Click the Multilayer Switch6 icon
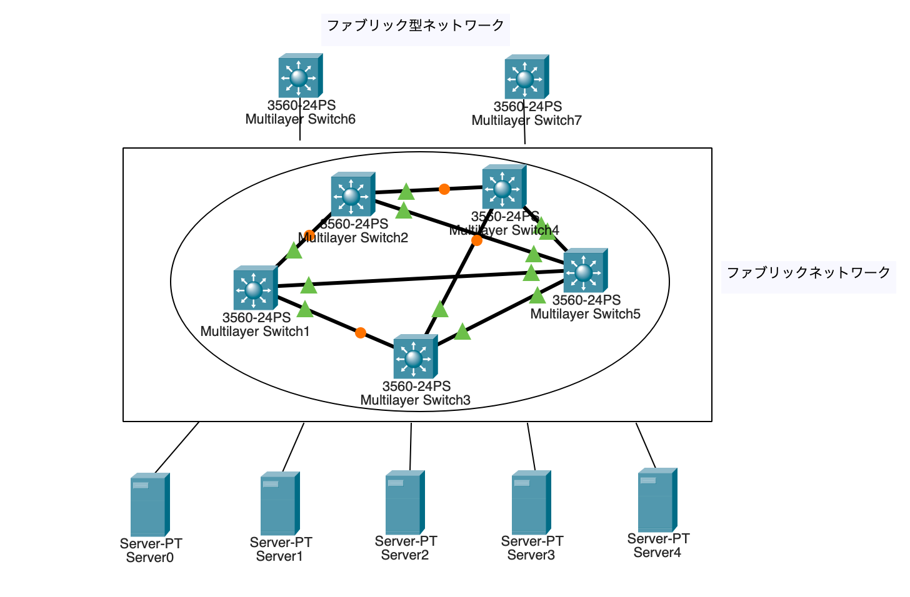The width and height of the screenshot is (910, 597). [x=300, y=76]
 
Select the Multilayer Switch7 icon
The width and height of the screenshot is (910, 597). [x=526, y=77]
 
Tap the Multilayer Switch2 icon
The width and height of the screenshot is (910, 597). [x=352, y=195]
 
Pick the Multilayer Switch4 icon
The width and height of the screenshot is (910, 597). [x=504, y=187]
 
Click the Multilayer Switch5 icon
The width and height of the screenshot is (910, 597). [x=585, y=271]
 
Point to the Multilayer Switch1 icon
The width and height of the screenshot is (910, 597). [x=255, y=289]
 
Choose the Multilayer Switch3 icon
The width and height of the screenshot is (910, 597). [x=415, y=357]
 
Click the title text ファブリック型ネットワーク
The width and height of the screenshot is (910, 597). [x=415, y=26]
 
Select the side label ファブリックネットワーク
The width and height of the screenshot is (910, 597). [x=808, y=273]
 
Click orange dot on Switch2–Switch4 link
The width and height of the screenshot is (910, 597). [x=444, y=189]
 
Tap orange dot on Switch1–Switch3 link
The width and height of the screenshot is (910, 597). [x=361, y=333]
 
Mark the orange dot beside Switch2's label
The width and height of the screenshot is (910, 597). [x=309, y=235]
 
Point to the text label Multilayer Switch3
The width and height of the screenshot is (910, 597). [x=415, y=400]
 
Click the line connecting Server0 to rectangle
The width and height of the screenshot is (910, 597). [x=177, y=447]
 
